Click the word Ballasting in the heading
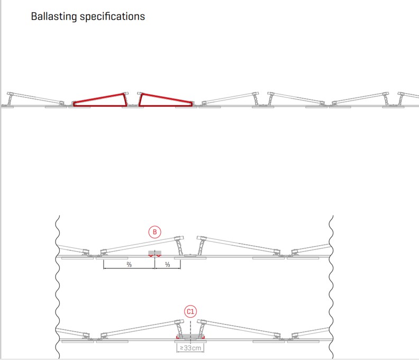coord(54,16)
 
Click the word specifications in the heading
coord(113,16)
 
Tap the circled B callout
coord(154,232)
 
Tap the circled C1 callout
coord(190,312)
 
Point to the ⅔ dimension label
coord(129,265)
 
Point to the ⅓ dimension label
coord(168,265)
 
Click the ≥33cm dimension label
coord(190,348)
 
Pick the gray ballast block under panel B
coord(155,253)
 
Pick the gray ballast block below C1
coord(190,336)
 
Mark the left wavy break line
coord(58,287)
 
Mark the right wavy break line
coord(331,287)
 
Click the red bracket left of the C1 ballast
coord(178,337)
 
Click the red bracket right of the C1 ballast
coord(203,337)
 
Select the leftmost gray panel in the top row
coord(35,98)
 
